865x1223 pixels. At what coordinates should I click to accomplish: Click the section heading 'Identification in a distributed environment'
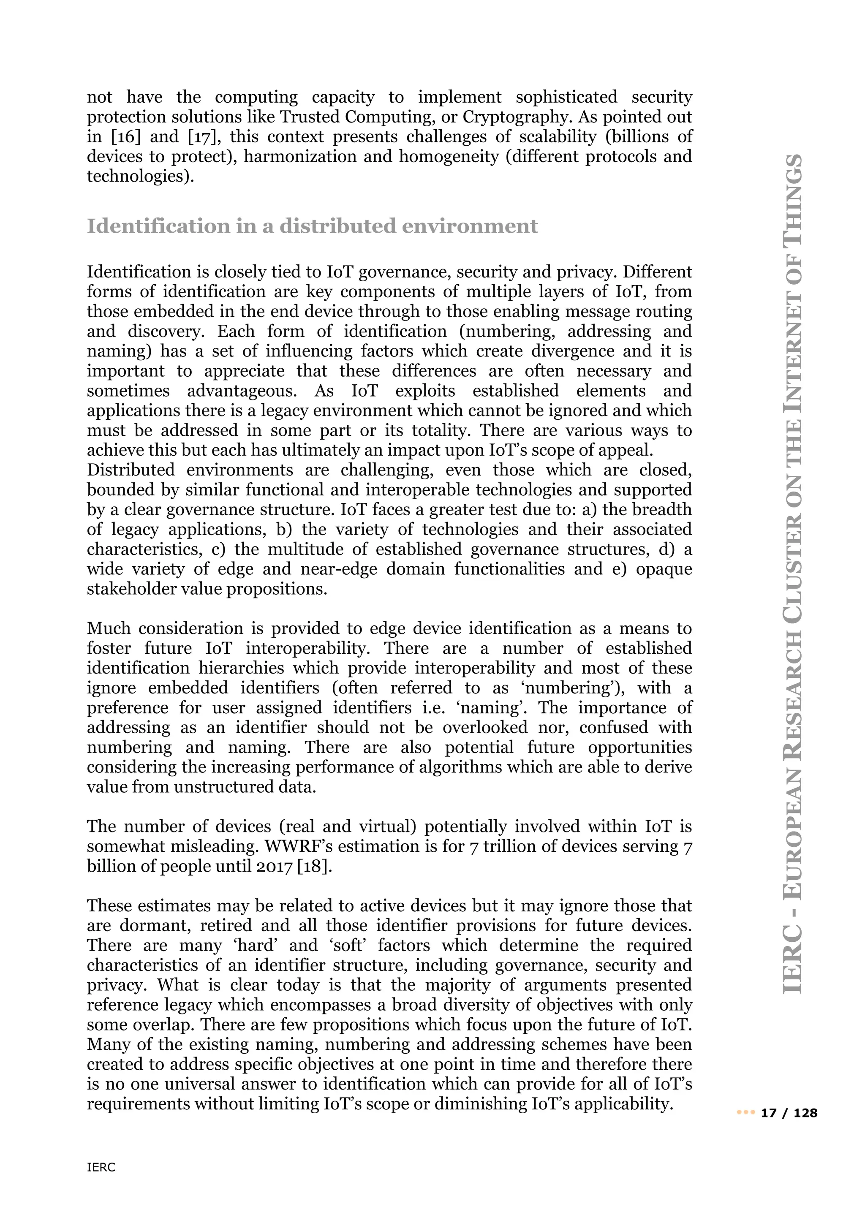pos(312,226)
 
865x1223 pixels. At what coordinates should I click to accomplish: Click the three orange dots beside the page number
pos(746,1113)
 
